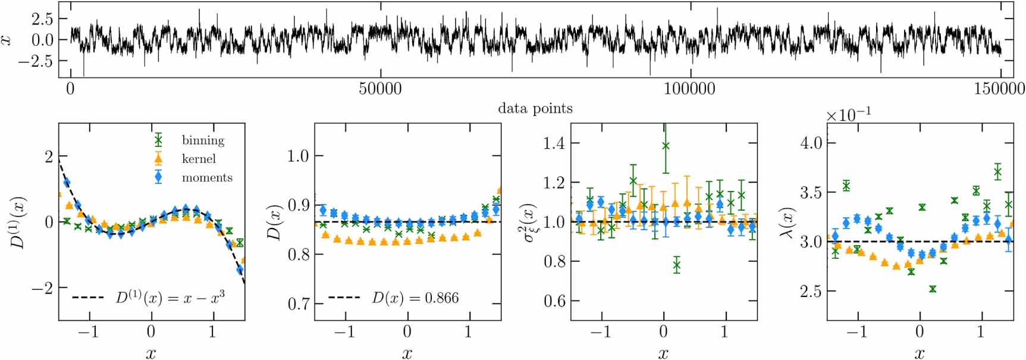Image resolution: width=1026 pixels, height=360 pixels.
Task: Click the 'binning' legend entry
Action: tap(203, 140)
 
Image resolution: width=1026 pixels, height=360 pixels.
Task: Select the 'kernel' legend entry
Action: tap(199, 159)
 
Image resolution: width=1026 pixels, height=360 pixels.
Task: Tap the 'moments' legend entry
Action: tap(206, 177)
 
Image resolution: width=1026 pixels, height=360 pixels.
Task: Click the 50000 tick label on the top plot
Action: tap(380, 89)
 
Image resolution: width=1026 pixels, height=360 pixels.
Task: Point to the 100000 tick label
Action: tap(689, 89)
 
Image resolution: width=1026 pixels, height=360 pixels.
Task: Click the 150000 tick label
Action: tap(999, 89)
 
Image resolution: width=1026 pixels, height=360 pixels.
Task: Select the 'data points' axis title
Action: tap(535, 108)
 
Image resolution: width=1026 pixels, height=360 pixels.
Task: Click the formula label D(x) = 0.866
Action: tap(415, 298)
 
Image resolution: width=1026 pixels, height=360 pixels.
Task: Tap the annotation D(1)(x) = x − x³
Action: tap(170, 297)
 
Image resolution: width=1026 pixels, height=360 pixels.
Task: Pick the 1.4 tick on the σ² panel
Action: tap(554, 143)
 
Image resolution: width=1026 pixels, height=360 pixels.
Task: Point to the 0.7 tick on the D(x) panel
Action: tap(298, 303)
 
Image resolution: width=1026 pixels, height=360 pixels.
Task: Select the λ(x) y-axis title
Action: tap(786, 221)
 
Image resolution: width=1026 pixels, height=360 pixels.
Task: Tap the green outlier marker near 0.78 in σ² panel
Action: tap(676, 265)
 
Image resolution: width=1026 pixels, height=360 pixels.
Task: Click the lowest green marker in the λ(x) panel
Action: tap(932, 289)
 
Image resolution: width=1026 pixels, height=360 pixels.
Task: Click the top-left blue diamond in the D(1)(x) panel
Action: tap(67, 183)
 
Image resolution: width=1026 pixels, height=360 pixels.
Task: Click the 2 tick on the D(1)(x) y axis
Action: tap(48, 156)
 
